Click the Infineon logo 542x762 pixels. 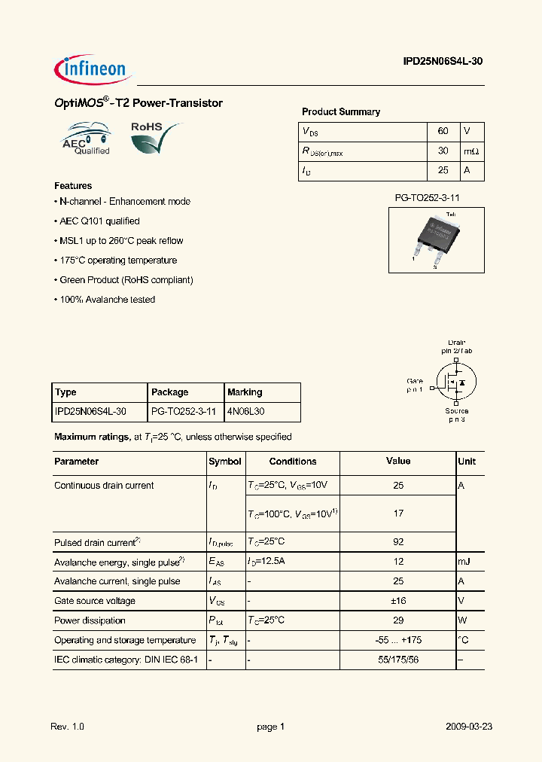[x=93, y=69]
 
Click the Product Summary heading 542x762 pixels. [x=341, y=112]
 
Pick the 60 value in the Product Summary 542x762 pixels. [x=443, y=132]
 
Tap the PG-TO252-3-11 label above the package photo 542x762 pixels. [x=427, y=197]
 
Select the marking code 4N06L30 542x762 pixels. [x=246, y=412]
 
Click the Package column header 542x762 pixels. [x=170, y=392]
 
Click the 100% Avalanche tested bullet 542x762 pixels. [x=106, y=300]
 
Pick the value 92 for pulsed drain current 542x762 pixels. [x=398, y=542]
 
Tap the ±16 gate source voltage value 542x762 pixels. [x=398, y=601]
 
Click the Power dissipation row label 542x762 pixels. [x=90, y=620]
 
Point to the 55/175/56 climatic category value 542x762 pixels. [x=398, y=660]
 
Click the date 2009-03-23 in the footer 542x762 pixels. [x=469, y=727]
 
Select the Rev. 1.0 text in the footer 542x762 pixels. [x=68, y=727]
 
